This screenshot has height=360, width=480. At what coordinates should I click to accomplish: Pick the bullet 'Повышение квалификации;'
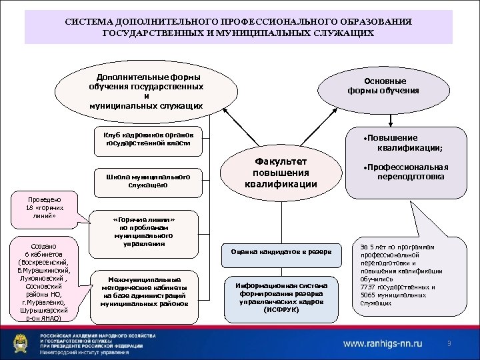pos(409,142)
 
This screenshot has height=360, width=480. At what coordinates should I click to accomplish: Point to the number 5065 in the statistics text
pos(369,295)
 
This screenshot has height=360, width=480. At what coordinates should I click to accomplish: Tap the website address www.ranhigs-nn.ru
pos(383,343)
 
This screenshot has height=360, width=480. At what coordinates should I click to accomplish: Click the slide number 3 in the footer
pos(449,343)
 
